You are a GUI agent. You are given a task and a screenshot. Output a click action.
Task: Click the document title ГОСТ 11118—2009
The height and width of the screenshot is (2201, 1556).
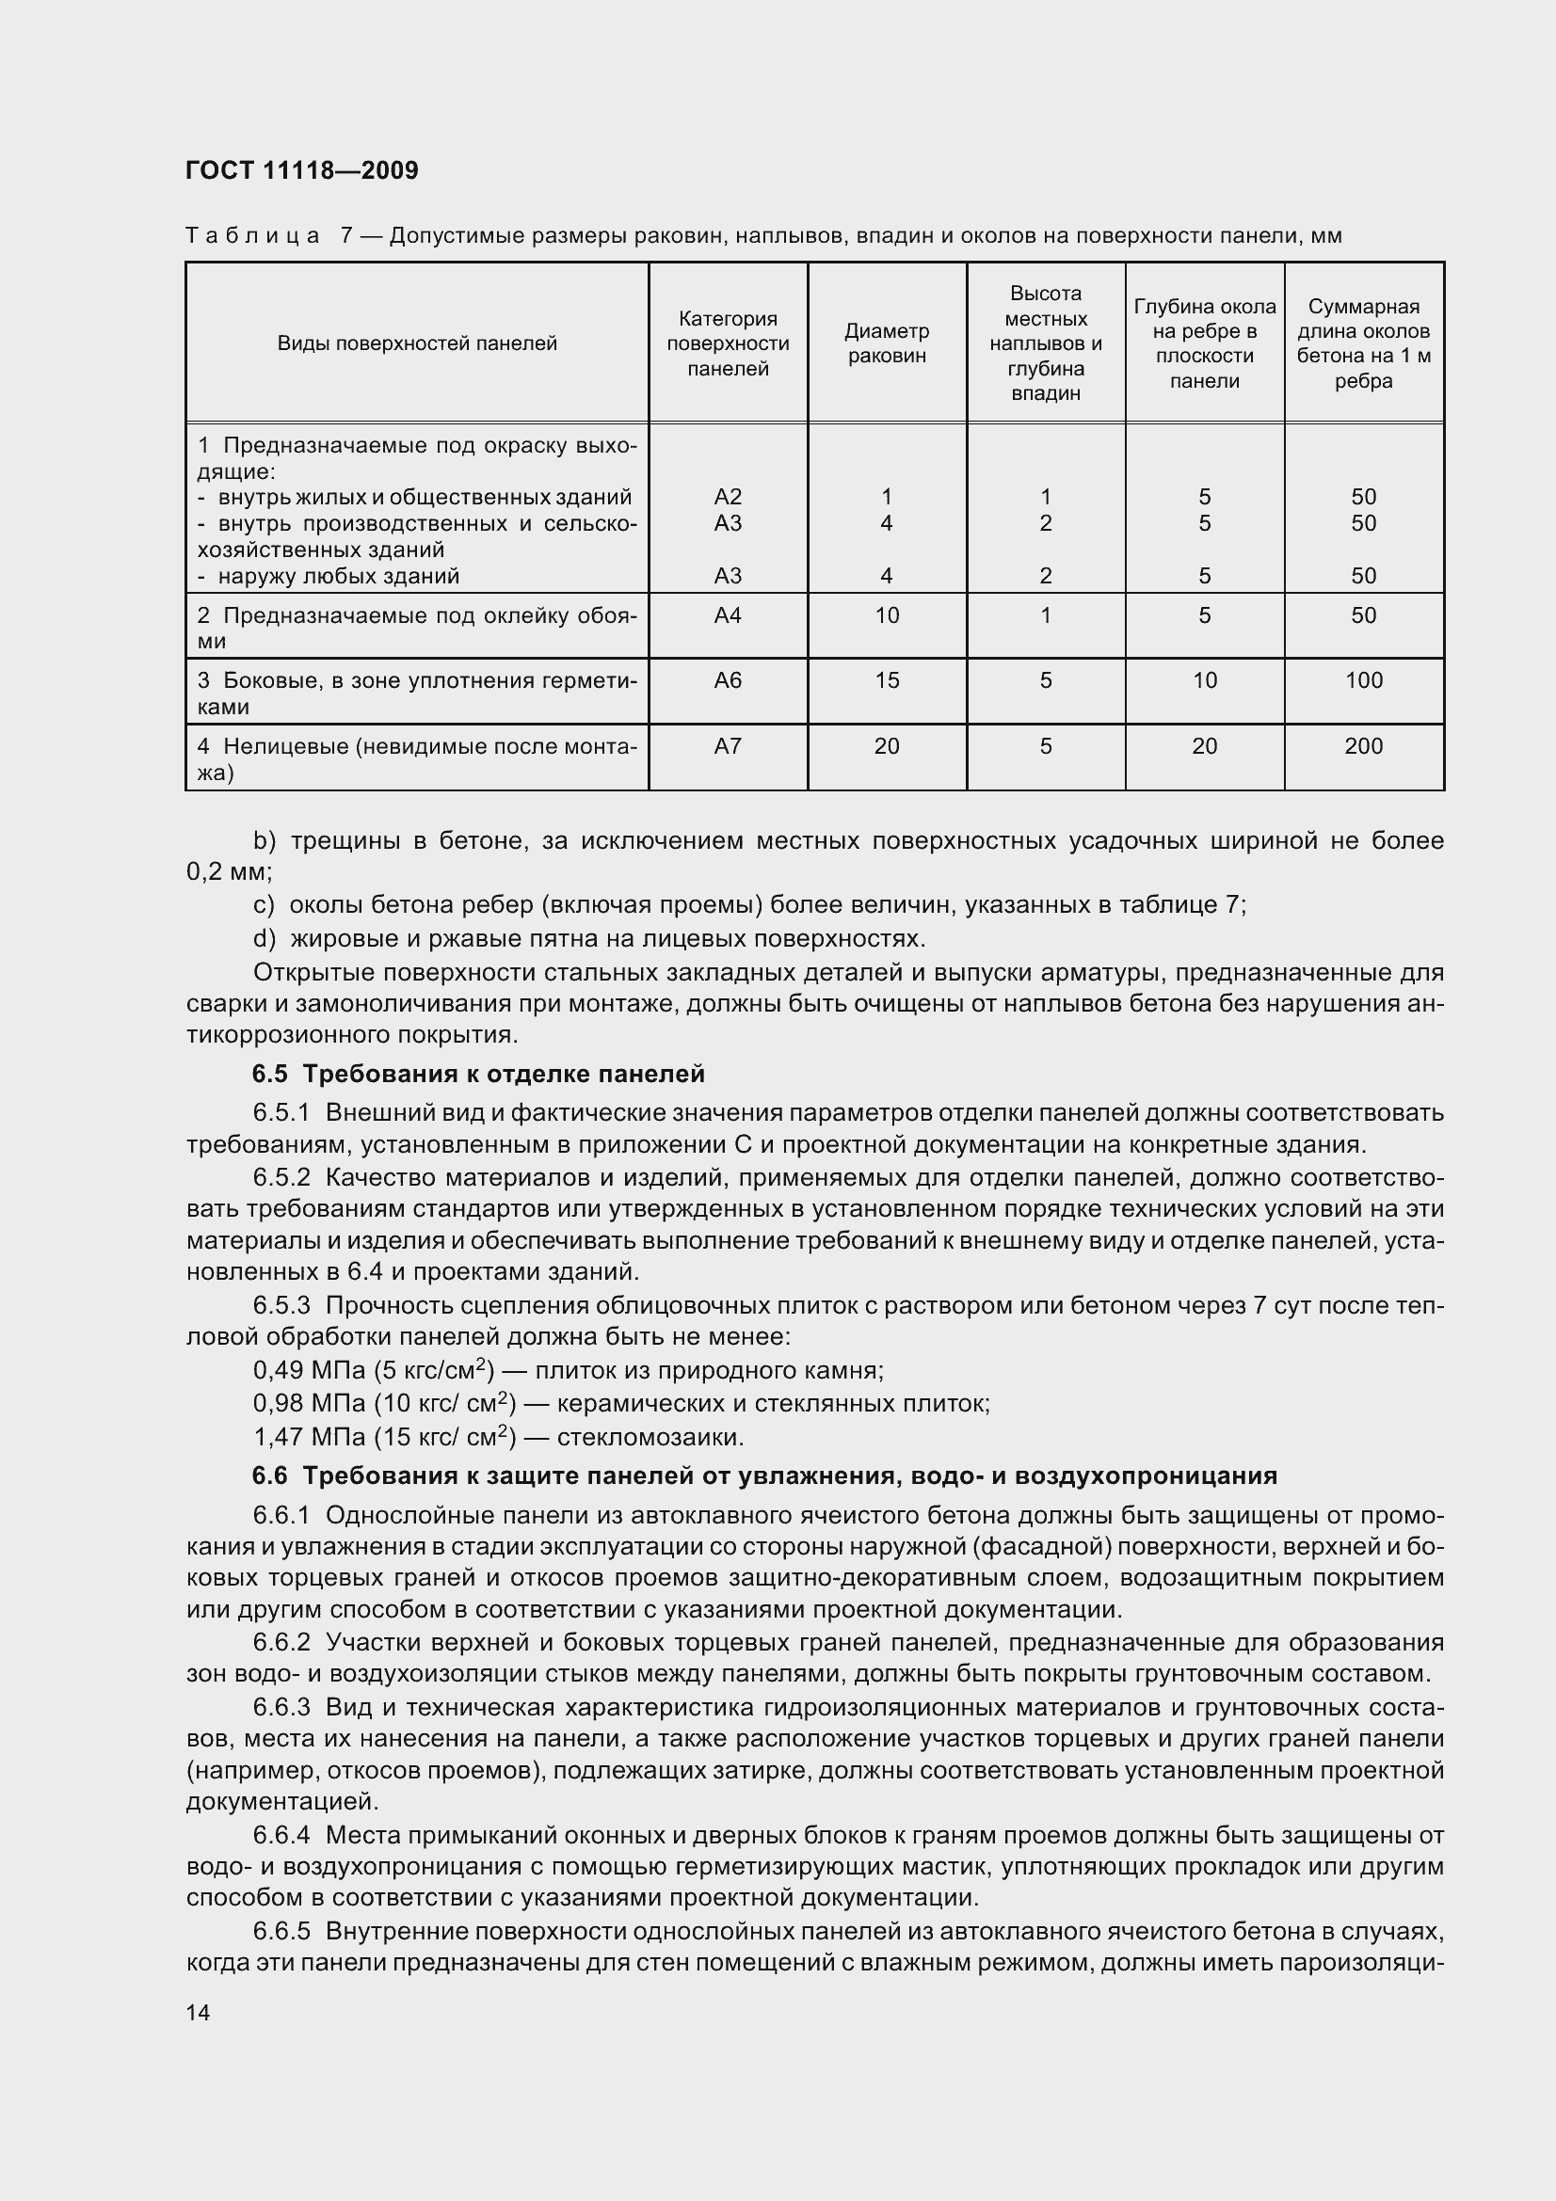pos(301,170)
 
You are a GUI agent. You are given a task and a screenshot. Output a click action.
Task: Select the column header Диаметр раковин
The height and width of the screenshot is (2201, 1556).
pos(886,343)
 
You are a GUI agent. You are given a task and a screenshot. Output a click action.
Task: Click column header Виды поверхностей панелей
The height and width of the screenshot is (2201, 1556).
pos(417,343)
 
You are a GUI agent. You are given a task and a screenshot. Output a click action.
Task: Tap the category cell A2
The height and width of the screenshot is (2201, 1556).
pos(728,497)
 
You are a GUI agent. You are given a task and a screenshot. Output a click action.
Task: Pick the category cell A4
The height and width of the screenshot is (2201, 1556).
pos(728,615)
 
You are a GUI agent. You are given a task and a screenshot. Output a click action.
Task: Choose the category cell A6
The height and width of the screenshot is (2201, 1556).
pos(728,680)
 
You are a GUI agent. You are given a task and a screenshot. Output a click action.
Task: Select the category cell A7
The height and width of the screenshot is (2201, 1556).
pos(728,746)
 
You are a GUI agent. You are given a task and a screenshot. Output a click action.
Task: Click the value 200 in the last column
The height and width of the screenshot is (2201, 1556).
pos(1363,746)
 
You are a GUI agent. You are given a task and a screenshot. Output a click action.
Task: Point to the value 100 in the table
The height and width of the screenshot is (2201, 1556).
pos(1363,680)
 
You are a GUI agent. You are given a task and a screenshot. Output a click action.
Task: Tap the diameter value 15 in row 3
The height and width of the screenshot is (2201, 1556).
pos(886,680)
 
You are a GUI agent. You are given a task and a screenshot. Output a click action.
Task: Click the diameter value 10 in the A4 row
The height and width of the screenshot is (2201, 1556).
pos(886,615)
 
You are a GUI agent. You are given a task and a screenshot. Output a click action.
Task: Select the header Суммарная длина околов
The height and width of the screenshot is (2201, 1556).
pos(1363,343)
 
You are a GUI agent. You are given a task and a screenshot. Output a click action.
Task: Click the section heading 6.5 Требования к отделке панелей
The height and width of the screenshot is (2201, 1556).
pos(478,1074)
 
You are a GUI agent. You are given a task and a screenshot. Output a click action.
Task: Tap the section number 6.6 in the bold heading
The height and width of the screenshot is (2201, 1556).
pos(269,1475)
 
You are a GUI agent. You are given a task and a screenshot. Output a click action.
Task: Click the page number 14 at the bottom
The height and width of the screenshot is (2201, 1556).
pos(198,2012)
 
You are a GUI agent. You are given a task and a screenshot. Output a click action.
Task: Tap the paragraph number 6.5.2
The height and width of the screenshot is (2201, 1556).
pos(281,1177)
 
